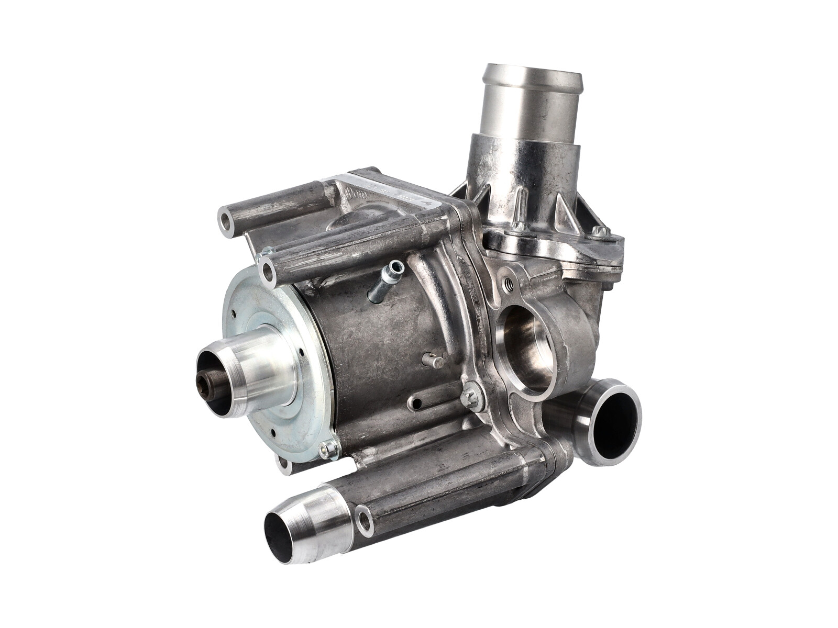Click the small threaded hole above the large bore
pos(507,285)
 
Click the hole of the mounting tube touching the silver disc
pos(268,272)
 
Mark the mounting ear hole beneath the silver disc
pos(284,465)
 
